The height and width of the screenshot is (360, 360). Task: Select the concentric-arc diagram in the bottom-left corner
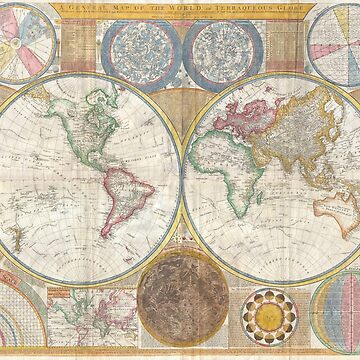click(x=22, y=325)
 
